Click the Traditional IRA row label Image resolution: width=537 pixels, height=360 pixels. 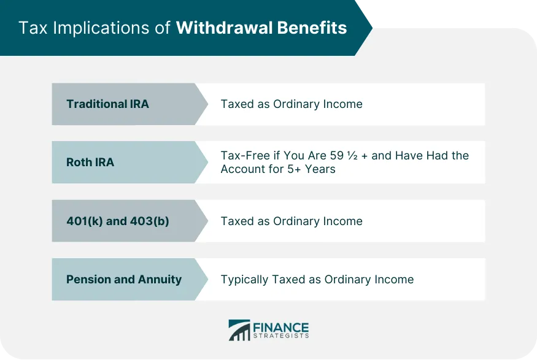107,104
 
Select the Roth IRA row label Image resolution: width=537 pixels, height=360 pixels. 90,163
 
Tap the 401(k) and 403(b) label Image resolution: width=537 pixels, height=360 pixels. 118,221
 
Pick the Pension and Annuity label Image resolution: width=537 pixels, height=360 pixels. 124,279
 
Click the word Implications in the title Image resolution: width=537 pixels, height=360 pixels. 107,28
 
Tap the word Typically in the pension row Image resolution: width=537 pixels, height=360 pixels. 244,279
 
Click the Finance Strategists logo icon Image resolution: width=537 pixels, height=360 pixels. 239,330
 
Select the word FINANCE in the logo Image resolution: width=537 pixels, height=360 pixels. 281,327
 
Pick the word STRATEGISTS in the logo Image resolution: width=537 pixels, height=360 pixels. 281,336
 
